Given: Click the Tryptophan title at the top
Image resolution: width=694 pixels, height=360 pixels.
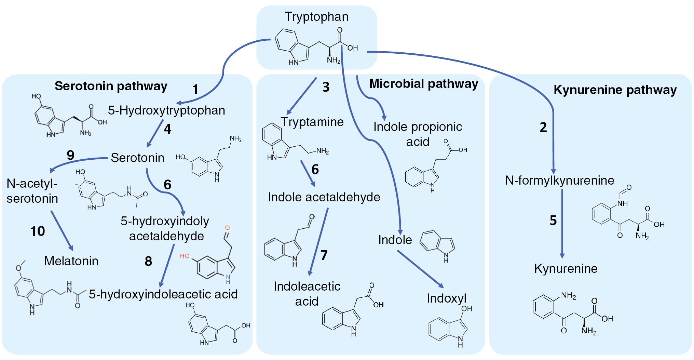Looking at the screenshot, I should (316, 17).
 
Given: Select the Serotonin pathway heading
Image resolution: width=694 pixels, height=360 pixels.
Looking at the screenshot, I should (111, 86).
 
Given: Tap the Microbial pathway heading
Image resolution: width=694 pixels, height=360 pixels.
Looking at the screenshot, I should (423, 84).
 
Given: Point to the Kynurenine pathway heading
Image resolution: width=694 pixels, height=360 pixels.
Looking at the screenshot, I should (615, 90).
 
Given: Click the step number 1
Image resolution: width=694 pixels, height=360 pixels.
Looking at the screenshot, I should (195, 90).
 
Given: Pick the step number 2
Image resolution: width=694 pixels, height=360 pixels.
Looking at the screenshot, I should (543, 128).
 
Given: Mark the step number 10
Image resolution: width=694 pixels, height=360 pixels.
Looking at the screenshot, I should (38, 231).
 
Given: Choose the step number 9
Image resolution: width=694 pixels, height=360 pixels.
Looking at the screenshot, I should (70, 155).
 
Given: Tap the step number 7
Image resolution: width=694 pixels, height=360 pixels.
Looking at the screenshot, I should (324, 255).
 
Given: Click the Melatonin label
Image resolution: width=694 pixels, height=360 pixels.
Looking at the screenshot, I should (71, 261).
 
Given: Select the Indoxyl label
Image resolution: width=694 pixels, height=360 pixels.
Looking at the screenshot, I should (446, 298).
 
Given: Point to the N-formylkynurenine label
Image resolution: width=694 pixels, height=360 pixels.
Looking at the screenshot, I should (559, 181).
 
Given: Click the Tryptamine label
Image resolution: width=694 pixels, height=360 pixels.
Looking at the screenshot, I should (312, 122).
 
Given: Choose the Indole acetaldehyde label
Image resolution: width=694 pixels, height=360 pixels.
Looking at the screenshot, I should (324, 197).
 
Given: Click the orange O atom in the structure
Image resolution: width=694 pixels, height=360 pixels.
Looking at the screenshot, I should (227, 228).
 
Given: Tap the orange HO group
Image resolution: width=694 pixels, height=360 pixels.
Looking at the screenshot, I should (185, 256).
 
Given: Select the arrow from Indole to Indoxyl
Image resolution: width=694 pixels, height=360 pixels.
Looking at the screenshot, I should (420, 269).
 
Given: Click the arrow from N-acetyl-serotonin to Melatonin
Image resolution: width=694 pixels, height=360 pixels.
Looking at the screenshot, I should (62, 231).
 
